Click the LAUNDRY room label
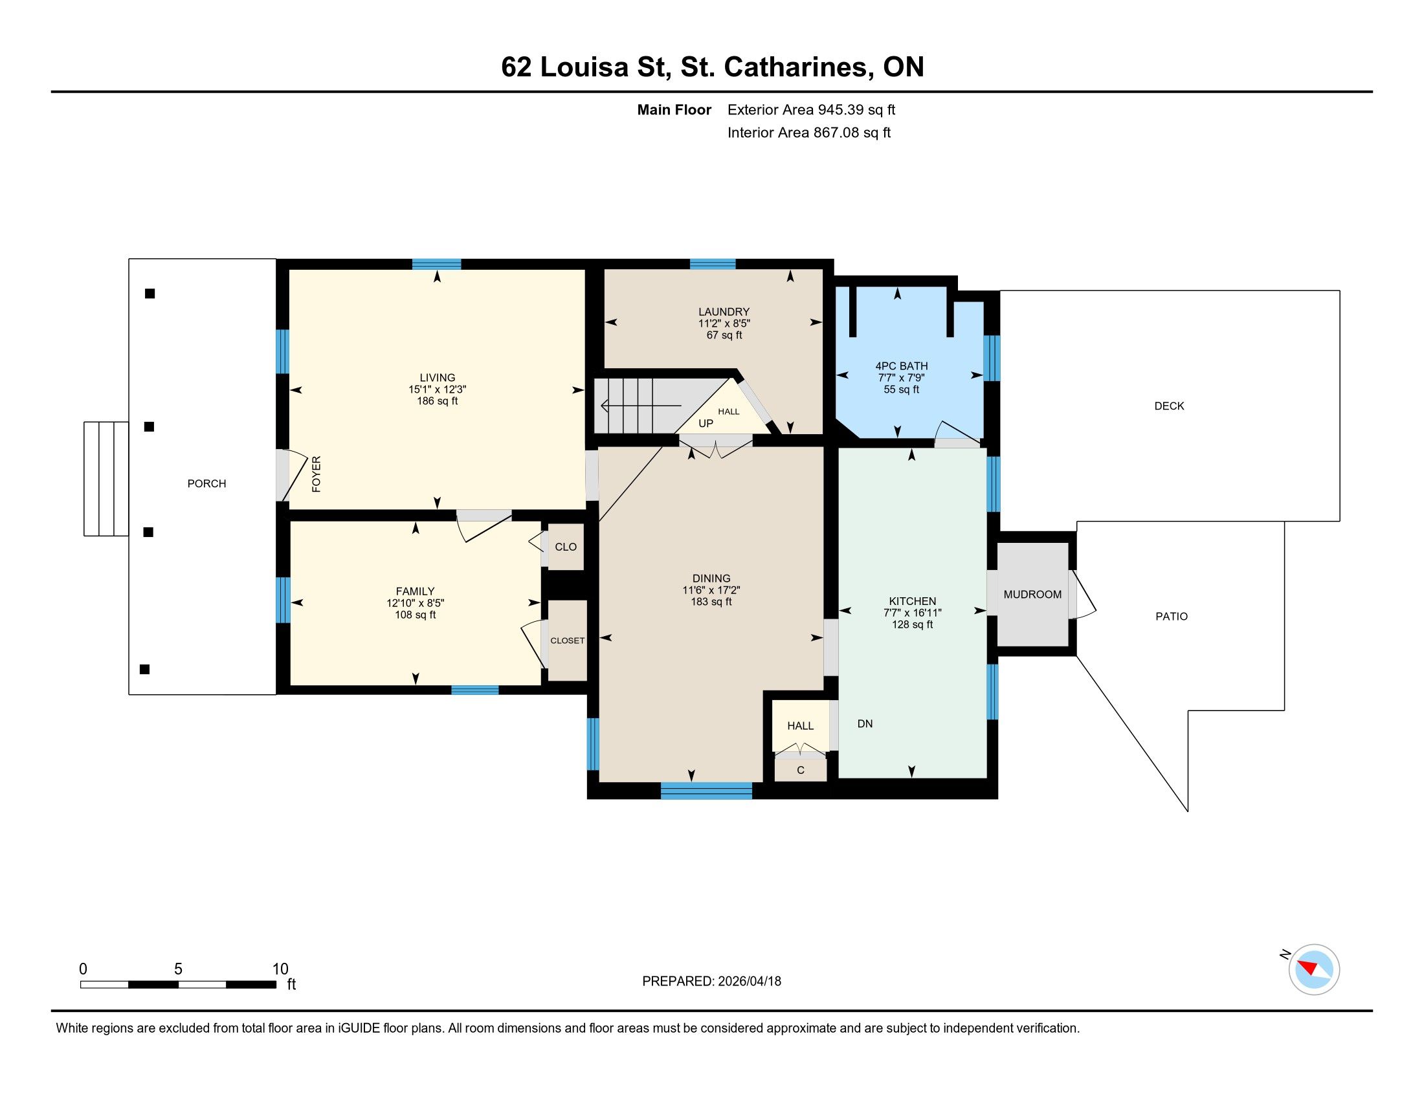point(724,311)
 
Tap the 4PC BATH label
point(902,366)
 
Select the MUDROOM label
point(1033,594)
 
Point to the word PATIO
point(1172,617)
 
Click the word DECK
point(1169,406)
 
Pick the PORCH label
point(206,483)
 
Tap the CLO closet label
point(566,547)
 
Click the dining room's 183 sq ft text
point(711,602)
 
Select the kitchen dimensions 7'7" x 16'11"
point(913,613)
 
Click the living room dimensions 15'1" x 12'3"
point(438,390)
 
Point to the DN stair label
point(865,723)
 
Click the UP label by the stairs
point(706,423)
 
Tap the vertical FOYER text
point(317,474)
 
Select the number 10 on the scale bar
point(280,969)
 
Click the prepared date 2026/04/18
point(750,982)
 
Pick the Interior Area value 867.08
point(835,133)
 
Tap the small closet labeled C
point(801,770)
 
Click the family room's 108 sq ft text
point(416,615)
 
